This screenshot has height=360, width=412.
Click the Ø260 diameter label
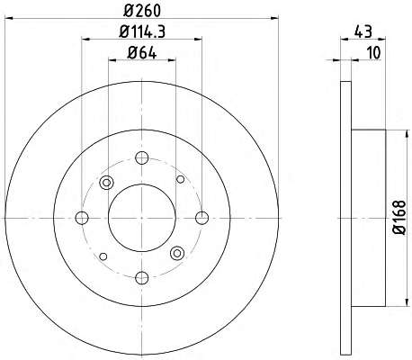[x=142, y=11]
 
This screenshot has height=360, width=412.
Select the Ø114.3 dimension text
[x=142, y=31]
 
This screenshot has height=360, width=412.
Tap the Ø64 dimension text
[x=142, y=53]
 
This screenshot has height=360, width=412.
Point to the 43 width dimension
[x=363, y=31]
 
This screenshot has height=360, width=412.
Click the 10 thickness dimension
[x=373, y=53]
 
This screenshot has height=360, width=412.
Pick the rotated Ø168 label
[x=399, y=218]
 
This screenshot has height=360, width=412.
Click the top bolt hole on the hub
[x=142, y=157]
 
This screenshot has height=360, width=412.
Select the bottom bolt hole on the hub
[x=142, y=278]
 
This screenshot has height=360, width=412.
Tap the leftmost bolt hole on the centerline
[x=82, y=218]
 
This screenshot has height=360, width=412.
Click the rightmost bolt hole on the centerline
[x=202, y=218]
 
